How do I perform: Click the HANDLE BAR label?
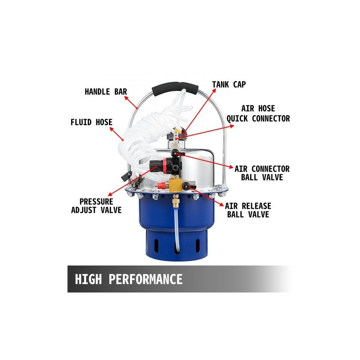(x=106, y=92)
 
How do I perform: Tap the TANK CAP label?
(x=229, y=85)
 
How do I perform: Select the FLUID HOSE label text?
(x=92, y=122)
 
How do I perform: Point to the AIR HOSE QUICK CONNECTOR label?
(x=258, y=114)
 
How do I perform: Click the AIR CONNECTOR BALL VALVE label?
(x=262, y=173)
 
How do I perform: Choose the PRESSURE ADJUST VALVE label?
(x=96, y=206)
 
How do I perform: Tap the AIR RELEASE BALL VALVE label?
(x=248, y=210)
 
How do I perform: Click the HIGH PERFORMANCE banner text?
(x=129, y=279)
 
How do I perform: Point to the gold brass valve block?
(x=175, y=185)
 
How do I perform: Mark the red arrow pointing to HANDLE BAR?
(x=131, y=103)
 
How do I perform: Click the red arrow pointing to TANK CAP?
(x=200, y=111)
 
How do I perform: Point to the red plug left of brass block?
(x=162, y=184)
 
